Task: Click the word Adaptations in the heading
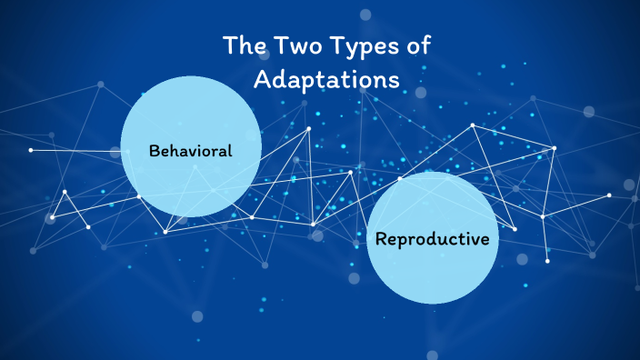[x=326, y=79]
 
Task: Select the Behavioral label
[x=191, y=151]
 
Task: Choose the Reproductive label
[x=433, y=240]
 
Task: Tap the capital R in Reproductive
[x=382, y=240]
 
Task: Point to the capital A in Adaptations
[x=263, y=79]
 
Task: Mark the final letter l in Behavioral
[x=230, y=151]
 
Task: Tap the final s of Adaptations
[x=394, y=80]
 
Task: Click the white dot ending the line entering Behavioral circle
[x=31, y=150]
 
